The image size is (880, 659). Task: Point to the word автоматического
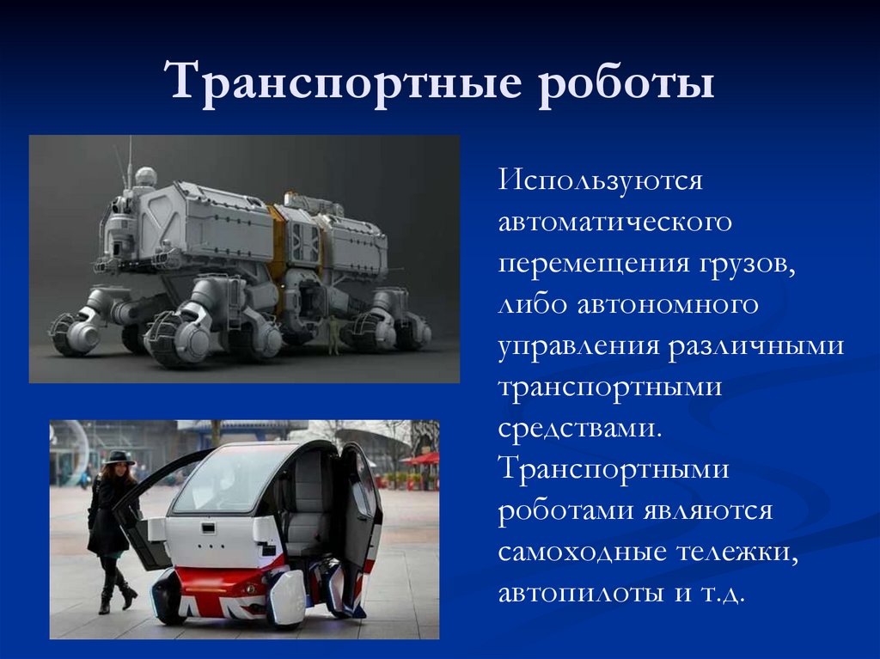(x=615, y=222)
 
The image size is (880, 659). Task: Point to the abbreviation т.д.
(x=719, y=593)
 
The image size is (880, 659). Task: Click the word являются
(x=708, y=510)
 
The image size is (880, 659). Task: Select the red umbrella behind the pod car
(x=422, y=459)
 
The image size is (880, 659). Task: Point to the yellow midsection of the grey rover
(x=278, y=241)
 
